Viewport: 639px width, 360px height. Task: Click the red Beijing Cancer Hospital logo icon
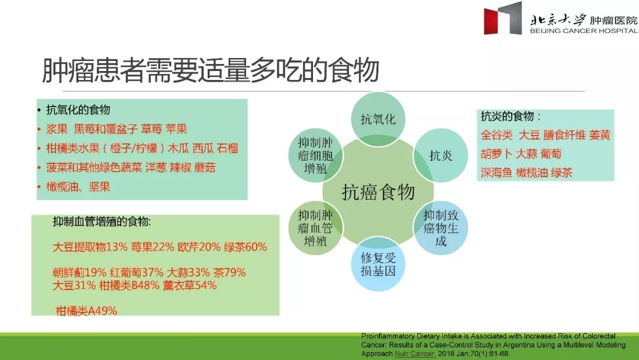(x=502, y=18)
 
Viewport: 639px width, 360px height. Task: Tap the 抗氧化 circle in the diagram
(x=378, y=119)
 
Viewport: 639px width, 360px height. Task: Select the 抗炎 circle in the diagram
(x=440, y=155)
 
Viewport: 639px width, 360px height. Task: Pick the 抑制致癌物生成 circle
(x=440, y=228)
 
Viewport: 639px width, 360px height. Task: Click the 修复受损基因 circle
(x=378, y=264)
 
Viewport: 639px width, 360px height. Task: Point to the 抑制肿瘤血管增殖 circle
(x=315, y=228)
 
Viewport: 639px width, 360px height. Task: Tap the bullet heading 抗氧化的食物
(x=78, y=110)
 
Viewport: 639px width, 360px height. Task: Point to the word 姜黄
(x=599, y=135)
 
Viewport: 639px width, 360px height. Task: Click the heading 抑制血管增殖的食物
(x=101, y=222)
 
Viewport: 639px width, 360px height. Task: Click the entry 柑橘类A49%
(x=86, y=311)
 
